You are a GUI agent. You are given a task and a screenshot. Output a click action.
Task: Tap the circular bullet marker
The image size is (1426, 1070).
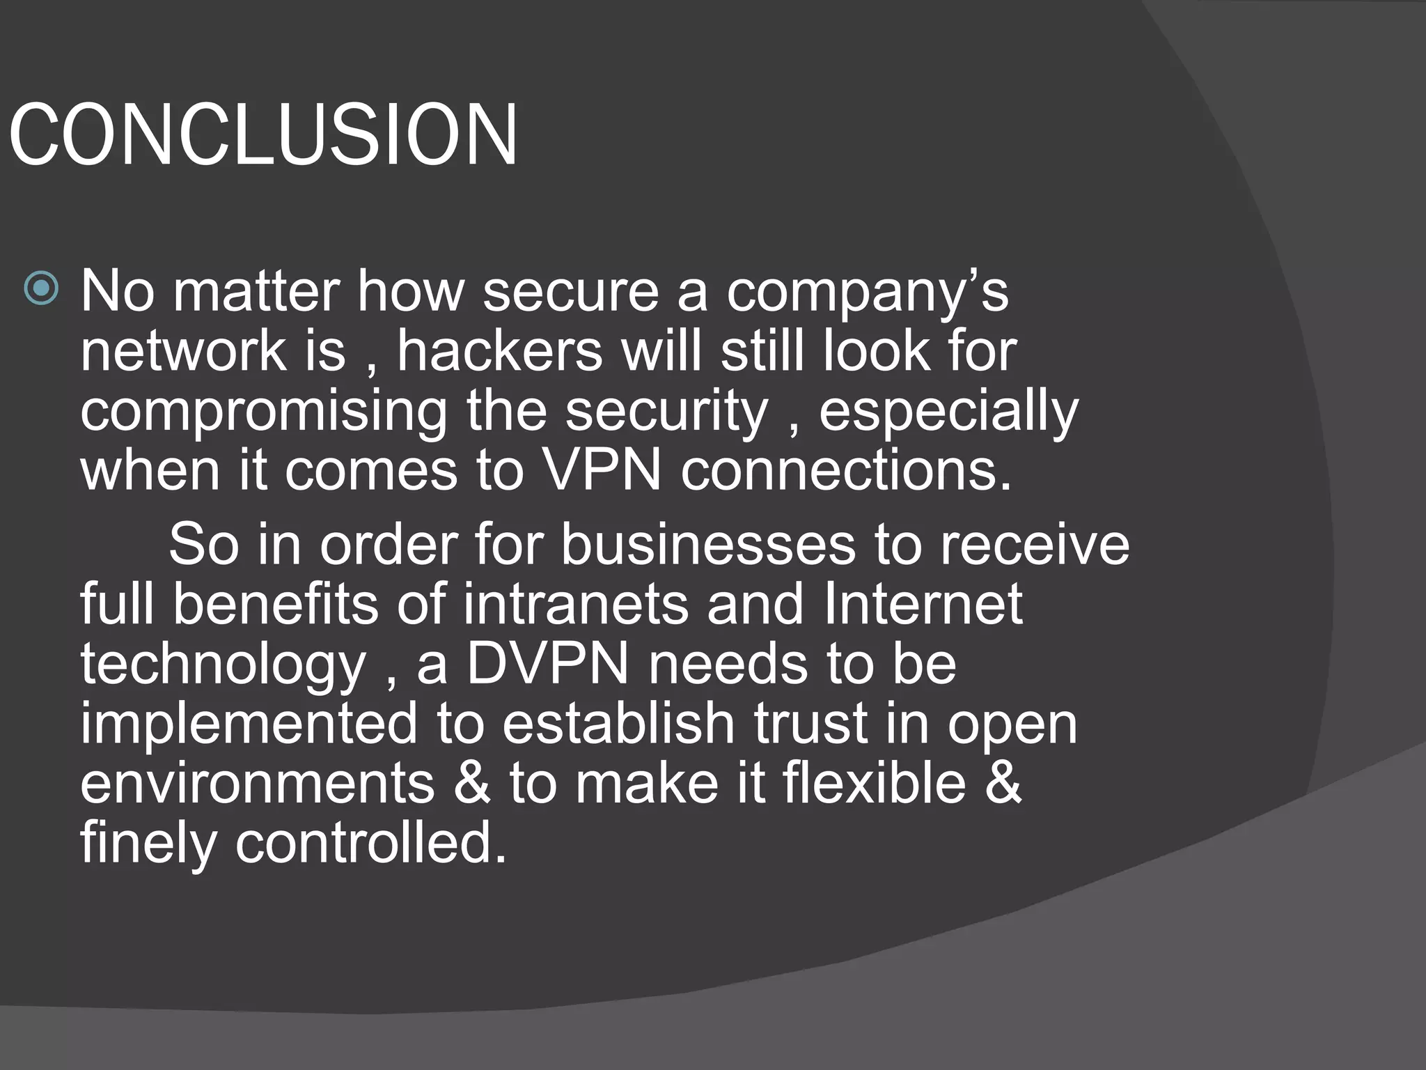click(41, 288)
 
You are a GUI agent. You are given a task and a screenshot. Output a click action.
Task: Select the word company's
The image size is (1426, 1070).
click(867, 293)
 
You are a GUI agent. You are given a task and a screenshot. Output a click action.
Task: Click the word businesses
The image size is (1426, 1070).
click(707, 544)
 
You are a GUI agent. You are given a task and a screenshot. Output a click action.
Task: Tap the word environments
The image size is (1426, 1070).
click(257, 783)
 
